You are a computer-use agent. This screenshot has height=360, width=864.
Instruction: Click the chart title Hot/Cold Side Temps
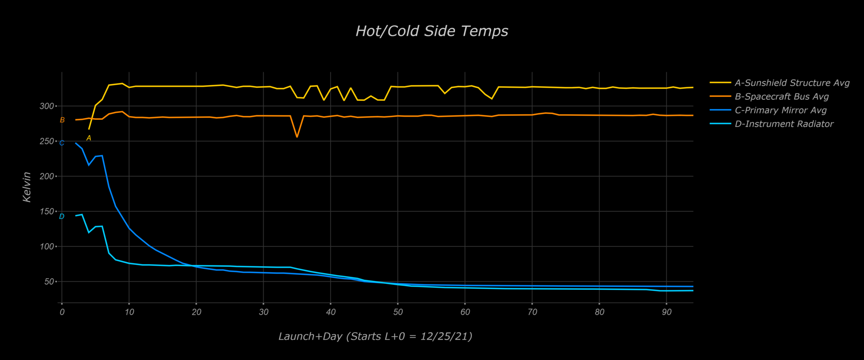tap(432, 31)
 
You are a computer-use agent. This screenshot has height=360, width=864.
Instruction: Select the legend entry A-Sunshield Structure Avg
tap(792, 83)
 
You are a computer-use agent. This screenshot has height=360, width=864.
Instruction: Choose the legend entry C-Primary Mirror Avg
tap(781, 110)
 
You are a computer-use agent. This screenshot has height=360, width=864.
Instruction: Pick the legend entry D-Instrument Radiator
tap(784, 124)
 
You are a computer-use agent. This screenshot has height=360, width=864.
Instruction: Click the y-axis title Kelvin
tap(27, 187)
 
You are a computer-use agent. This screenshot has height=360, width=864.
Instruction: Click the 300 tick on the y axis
tap(47, 106)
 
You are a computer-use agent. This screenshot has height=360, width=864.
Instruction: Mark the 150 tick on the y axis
tap(47, 211)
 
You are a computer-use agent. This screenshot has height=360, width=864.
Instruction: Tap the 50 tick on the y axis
tap(49, 282)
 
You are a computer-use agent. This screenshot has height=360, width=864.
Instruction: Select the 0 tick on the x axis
tap(62, 312)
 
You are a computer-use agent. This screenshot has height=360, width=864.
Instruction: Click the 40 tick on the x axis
tap(331, 312)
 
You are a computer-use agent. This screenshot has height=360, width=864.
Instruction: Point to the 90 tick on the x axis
tap(666, 312)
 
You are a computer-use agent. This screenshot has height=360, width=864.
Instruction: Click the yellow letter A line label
tap(89, 138)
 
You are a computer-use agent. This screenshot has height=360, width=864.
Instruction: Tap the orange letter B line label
tap(62, 120)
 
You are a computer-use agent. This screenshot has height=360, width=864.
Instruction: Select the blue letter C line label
tap(62, 143)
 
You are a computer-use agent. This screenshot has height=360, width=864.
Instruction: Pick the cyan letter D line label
tap(62, 217)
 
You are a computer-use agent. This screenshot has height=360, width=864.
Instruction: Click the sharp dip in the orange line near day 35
tap(297, 137)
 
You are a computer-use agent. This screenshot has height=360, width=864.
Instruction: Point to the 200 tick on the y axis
tap(47, 176)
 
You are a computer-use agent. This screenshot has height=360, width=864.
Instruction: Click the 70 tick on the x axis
tap(532, 312)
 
